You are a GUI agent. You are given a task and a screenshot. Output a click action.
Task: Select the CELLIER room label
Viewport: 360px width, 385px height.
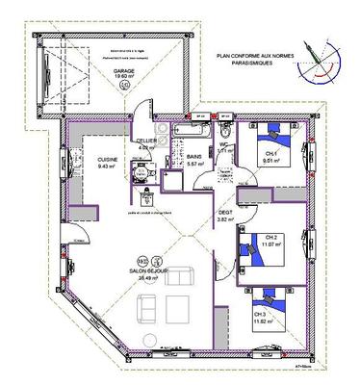tap(145, 141)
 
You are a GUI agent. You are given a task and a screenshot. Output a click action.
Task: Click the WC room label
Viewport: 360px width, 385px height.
tap(222, 147)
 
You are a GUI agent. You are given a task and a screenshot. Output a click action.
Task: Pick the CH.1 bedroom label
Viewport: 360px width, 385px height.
tap(270, 156)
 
